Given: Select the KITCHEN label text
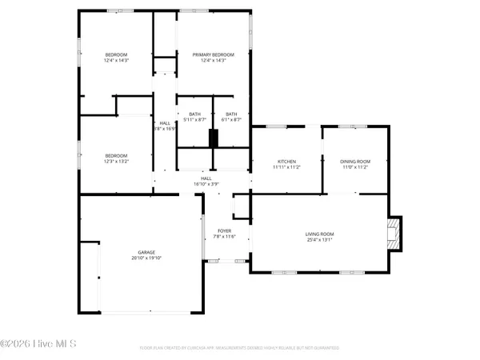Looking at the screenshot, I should click(x=286, y=161).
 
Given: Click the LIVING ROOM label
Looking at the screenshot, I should click(x=318, y=234).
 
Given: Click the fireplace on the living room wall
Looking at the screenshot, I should click(x=393, y=233).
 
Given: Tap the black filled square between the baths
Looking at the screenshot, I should click(x=213, y=137).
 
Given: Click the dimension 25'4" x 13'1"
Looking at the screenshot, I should click(x=318, y=239).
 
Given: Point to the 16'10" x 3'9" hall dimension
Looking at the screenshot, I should click(x=206, y=184).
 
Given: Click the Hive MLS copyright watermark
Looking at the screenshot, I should click(x=38, y=344).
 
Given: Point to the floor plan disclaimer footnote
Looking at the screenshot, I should click(x=238, y=348).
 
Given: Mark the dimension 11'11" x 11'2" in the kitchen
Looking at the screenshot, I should click(x=286, y=167).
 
